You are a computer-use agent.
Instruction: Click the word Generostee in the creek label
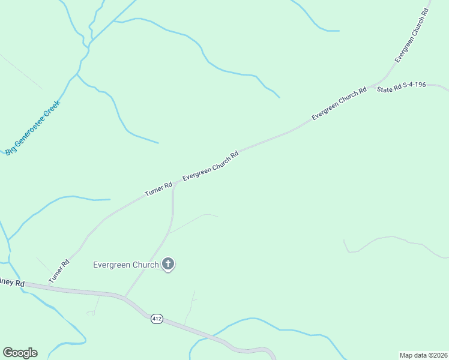point(30,129)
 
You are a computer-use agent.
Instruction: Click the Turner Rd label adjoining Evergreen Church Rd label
point(158,190)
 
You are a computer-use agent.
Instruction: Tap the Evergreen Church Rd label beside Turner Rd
point(210,166)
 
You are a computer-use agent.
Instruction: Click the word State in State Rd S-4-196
point(384,89)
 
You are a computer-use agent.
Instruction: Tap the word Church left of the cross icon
point(147,265)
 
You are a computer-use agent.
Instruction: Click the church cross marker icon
point(168,263)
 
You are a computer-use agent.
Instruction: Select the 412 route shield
point(157,319)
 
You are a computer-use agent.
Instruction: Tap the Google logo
point(20,353)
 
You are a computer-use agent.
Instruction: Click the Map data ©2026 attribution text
point(423,355)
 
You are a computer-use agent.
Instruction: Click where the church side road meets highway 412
point(124,296)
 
